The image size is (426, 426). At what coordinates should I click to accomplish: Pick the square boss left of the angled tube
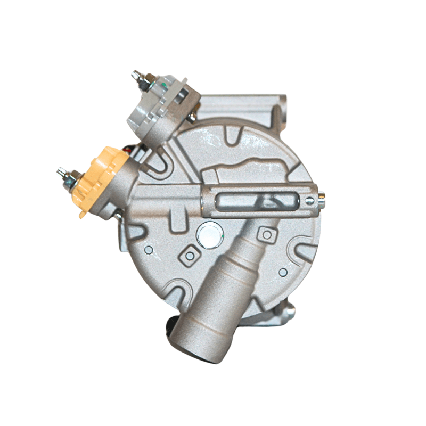pyautogui.click(x=189, y=256)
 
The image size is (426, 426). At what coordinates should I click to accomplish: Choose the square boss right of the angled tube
pyautogui.click(x=266, y=234)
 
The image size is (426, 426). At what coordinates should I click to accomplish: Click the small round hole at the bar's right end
pyautogui.click(x=309, y=201)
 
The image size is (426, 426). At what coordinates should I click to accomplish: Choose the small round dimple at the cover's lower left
pyautogui.click(x=149, y=249)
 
